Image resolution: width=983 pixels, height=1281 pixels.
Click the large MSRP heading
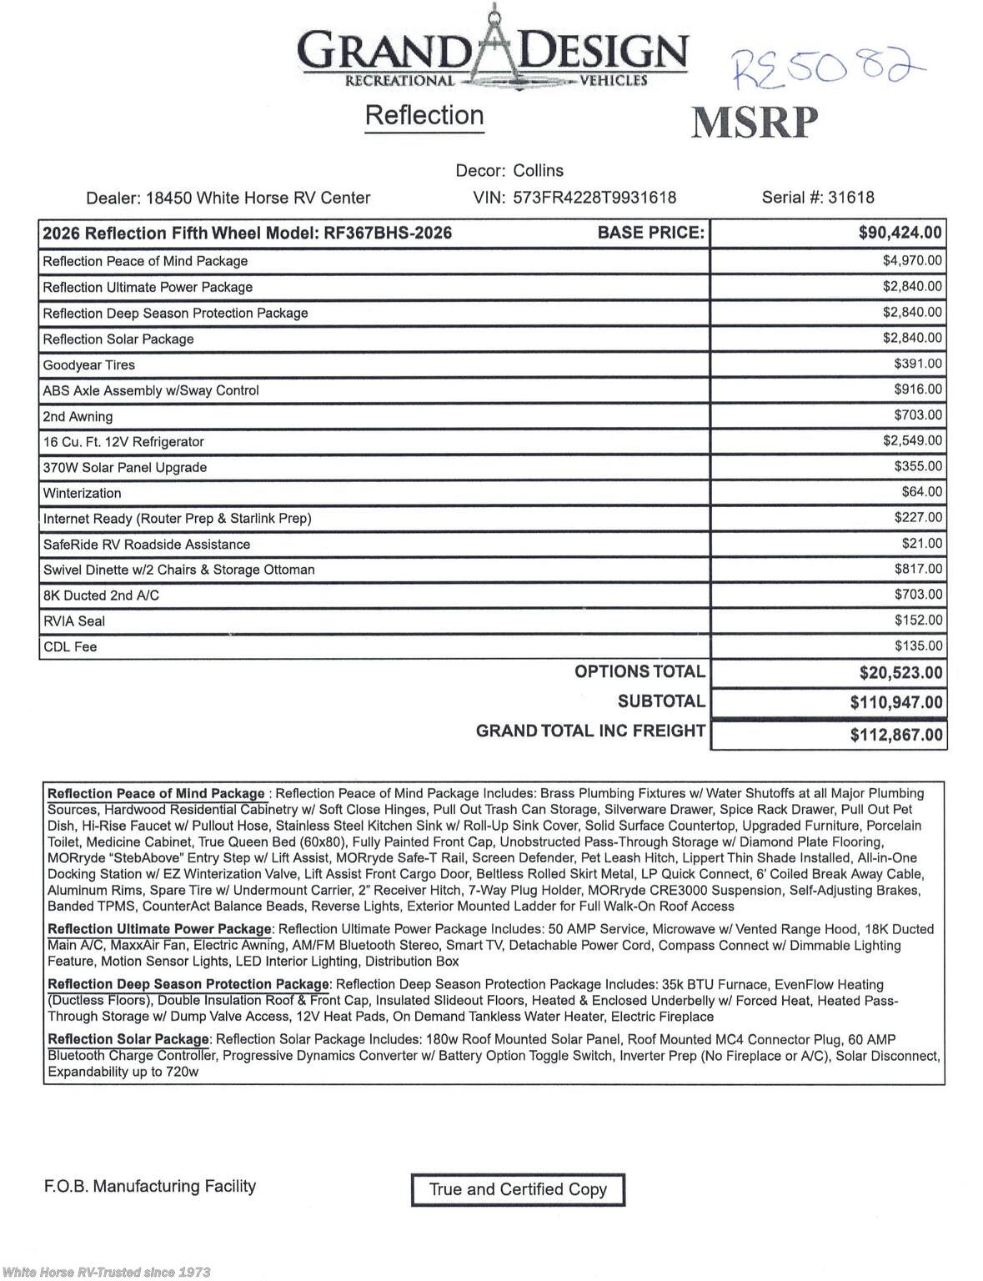coord(755,123)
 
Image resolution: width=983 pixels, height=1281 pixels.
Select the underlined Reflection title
coord(424,115)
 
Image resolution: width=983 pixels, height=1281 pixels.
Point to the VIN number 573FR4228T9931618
coord(594,198)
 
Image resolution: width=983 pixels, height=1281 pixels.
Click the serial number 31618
coord(851,198)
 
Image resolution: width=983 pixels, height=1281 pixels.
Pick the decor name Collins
coord(538,170)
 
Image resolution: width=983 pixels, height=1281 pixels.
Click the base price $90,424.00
coord(900,233)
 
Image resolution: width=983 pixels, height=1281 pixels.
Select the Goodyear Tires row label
coord(88,365)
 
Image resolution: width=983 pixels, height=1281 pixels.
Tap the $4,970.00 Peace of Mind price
coord(912,261)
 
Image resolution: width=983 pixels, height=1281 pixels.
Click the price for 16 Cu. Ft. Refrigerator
coord(912,441)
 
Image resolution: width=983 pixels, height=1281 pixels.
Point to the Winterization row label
coord(82,494)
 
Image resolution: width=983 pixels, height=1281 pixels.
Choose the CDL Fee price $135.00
coord(918,646)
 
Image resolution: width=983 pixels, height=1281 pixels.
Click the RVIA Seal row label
coord(74,621)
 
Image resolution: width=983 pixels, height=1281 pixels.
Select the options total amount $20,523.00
coord(900,673)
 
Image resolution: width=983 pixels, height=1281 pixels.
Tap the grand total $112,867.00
coord(896,735)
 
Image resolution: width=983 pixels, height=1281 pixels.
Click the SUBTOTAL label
coord(661,701)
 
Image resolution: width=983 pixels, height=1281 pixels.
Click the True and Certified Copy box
coord(518,1189)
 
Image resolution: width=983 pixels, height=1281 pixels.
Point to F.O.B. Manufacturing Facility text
coord(150,1186)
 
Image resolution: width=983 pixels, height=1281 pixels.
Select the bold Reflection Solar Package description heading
coord(128,1039)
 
